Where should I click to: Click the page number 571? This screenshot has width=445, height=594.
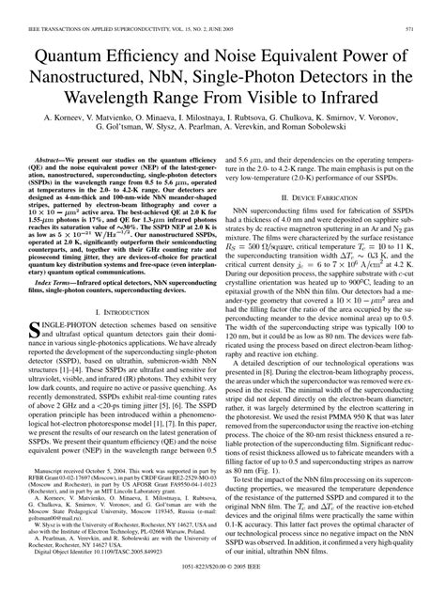[426, 8]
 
